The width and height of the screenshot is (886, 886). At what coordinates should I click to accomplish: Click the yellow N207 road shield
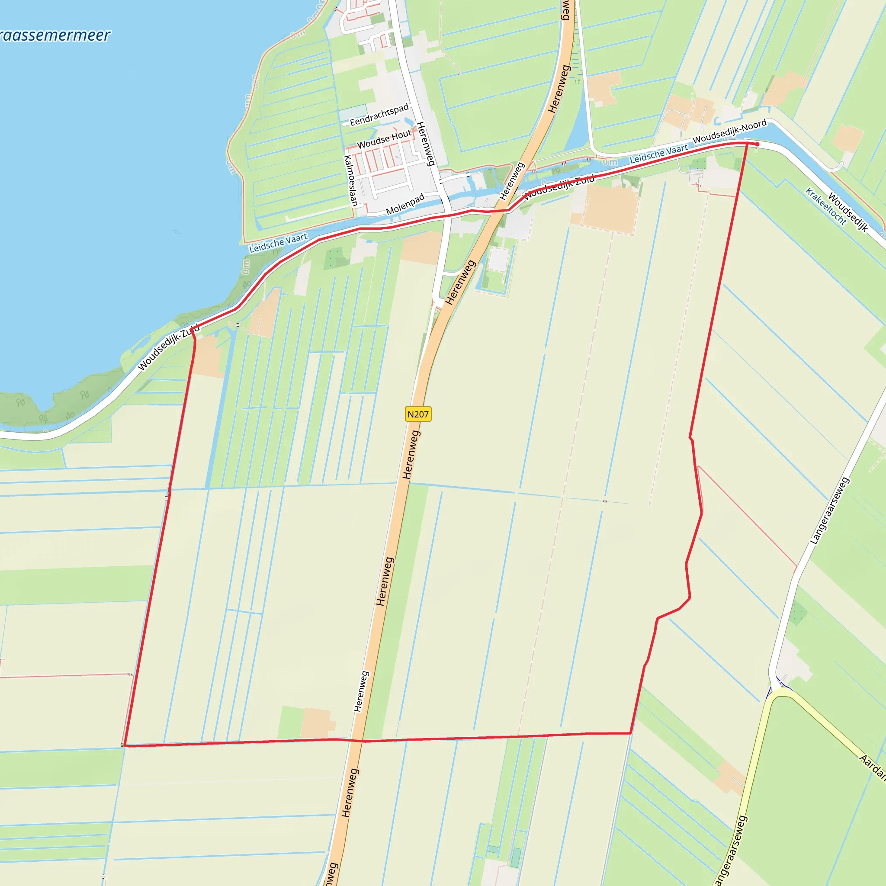click(418, 414)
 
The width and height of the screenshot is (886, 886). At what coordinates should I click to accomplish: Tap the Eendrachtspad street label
click(379, 115)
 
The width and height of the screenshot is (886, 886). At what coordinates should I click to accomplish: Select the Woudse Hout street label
click(384, 138)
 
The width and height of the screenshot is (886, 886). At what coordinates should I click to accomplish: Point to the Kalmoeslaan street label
click(351, 180)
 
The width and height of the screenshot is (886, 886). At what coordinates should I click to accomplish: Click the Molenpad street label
click(405, 205)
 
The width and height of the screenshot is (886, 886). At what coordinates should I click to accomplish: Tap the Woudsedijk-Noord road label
click(729, 131)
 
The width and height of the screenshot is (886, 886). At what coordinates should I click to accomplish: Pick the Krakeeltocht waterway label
click(825, 206)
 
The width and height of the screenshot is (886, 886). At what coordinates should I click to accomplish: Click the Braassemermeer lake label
click(55, 36)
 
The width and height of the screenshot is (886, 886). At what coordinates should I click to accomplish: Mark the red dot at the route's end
click(757, 144)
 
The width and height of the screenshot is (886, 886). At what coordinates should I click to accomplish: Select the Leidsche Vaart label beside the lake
click(278, 243)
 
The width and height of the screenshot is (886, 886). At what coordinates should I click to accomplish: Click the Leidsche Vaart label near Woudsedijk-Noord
click(658, 154)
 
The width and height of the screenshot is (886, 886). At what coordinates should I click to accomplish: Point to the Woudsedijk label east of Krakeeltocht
click(848, 213)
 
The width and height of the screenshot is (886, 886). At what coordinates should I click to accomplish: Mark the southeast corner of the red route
click(631, 733)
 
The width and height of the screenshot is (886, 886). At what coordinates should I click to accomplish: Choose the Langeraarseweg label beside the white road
click(830, 511)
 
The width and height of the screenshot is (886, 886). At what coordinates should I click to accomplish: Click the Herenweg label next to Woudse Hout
click(425, 144)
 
